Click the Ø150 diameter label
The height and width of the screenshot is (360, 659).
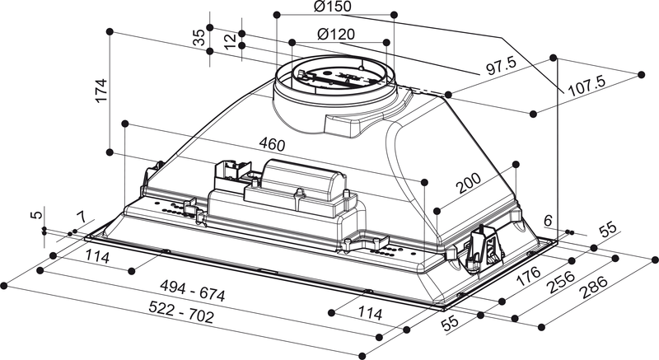333,7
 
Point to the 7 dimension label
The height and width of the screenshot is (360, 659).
79,217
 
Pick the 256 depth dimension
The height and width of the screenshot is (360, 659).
563,281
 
